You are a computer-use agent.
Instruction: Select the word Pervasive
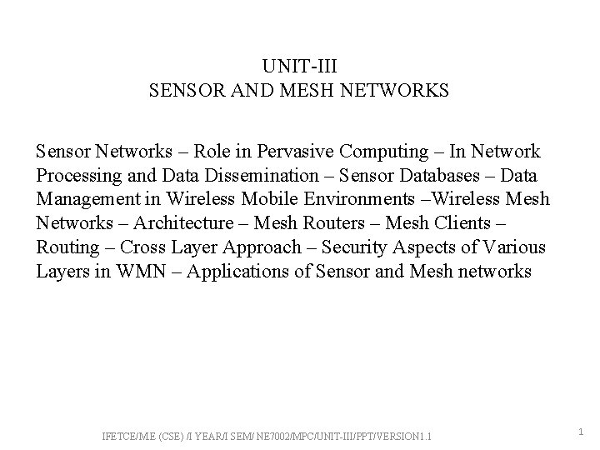(x=290, y=152)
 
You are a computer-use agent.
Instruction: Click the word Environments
(x=357, y=200)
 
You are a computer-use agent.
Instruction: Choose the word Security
(x=353, y=248)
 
